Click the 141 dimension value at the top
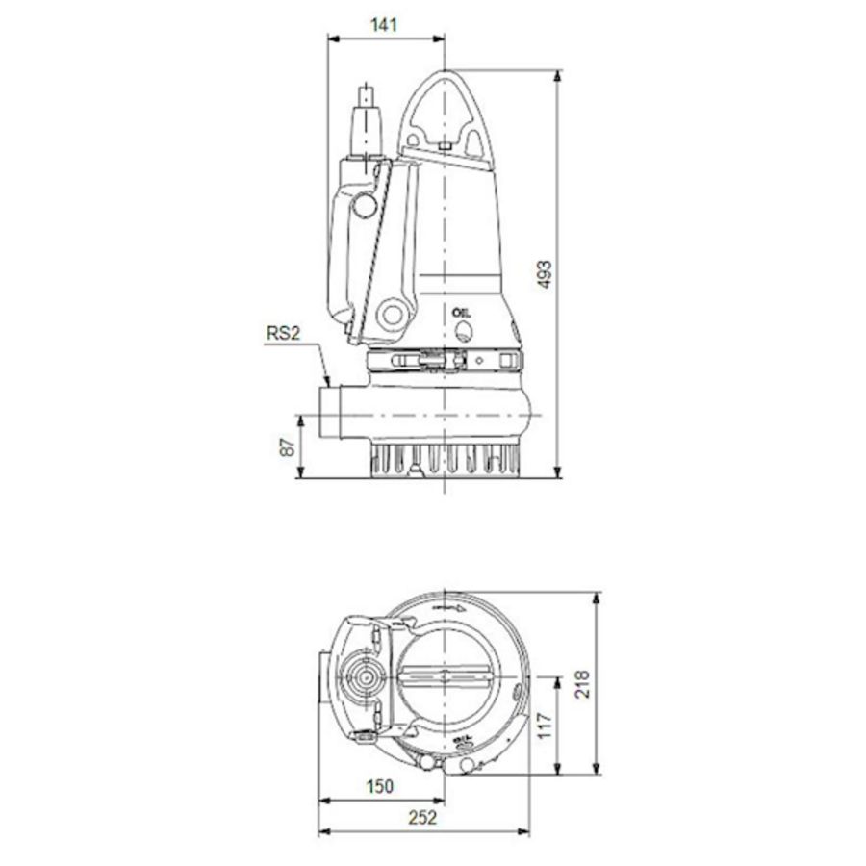point(384,25)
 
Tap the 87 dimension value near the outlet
point(284,446)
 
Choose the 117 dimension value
point(544,724)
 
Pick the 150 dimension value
point(380,786)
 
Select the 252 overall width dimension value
point(421,818)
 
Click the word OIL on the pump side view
point(462,313)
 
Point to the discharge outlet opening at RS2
point(326,414)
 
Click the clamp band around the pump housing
point(443,361)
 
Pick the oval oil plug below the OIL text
point(464,332)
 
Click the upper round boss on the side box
point(364,205)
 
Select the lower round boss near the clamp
point(392,316)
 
